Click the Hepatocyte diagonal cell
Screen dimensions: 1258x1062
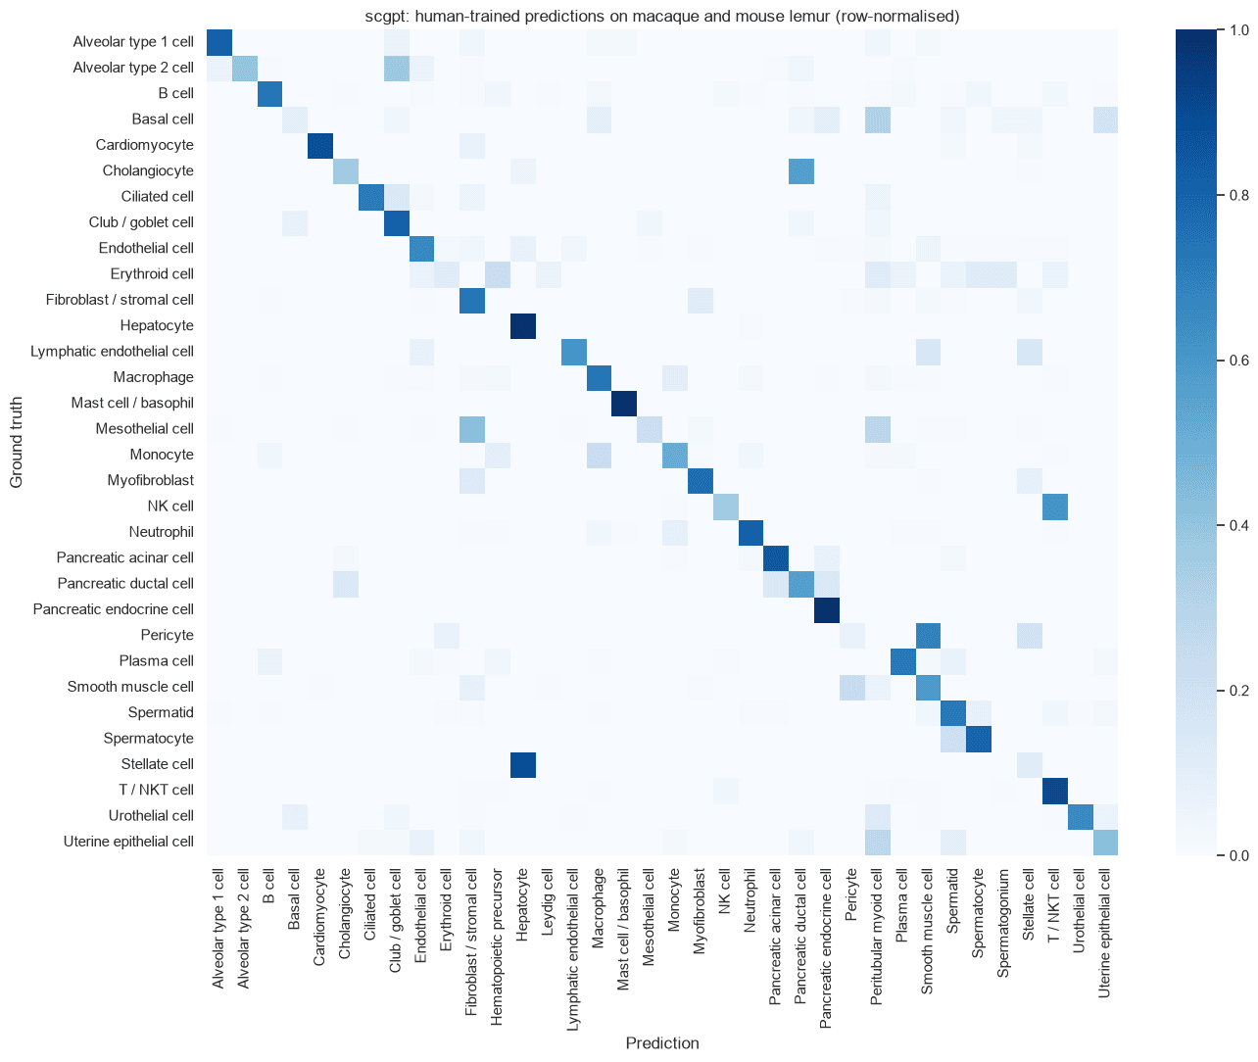click(523, 326)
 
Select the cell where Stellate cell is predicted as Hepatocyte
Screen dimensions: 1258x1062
click(523, 764)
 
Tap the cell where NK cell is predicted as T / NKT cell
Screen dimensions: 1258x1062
click(1055, 507)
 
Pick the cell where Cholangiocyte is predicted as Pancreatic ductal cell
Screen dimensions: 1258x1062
click(801, 171)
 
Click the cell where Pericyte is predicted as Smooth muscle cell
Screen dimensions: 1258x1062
click(929, 636)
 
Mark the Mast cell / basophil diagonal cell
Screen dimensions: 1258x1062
click(624, 404)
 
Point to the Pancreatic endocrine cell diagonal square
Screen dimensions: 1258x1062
click(827, 609)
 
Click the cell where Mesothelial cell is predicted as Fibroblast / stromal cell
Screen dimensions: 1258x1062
click(472, 429)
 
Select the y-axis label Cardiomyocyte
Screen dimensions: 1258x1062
click(145, 145)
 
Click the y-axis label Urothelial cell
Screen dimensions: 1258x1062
click(151, 816)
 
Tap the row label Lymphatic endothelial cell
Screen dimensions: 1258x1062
click(112, 351)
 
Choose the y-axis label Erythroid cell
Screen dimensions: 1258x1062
click(152, 274)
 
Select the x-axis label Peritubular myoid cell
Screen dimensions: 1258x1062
click(876, 938)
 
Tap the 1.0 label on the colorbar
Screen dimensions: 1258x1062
click(1238, 30)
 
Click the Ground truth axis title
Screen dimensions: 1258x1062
click(17, 442)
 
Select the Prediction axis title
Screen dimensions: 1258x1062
click(662, 1043)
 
